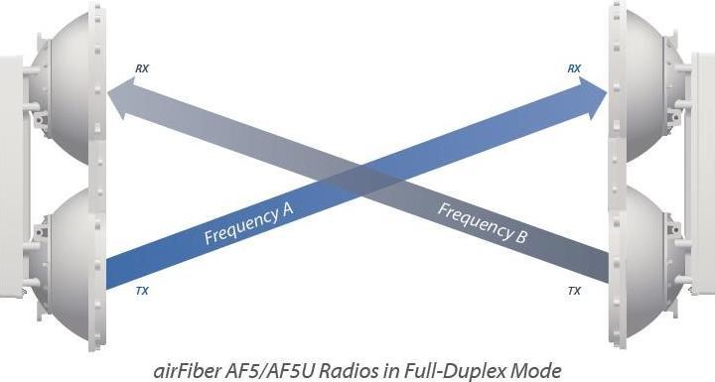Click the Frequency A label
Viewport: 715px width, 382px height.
pyautogui.click(x=246, y=224)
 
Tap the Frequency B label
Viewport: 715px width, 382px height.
pyautogui.click(x=482, y=224)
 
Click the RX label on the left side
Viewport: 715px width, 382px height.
pyautogui.click(x=144, y=68)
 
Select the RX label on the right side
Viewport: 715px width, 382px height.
pyautogui.click(x=574, y=68)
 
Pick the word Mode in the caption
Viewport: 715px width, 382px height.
pyautogui.click(x=543, y=369)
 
